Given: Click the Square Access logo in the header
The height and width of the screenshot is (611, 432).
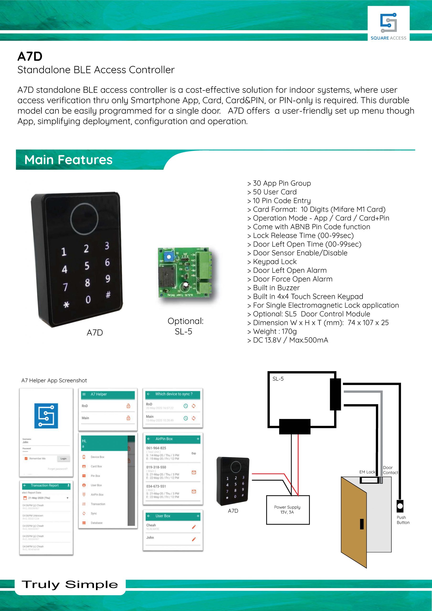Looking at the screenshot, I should click(388, 23).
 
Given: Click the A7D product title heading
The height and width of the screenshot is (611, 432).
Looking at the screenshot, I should click(30, 56).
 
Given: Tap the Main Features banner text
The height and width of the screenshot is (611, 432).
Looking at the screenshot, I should click(68, 160).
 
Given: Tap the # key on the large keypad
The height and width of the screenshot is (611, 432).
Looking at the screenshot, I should click(108, 294).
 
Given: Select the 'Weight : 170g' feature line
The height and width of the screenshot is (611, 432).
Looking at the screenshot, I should click(274, 331).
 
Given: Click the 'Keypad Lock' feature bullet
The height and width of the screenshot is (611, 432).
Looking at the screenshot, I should click(274, 262).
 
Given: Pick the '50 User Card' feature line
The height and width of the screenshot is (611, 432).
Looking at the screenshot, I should click(274, 192).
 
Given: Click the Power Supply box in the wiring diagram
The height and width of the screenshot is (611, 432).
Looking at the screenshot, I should click(287, 510).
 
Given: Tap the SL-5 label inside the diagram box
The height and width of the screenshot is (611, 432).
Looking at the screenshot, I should click(278, 379).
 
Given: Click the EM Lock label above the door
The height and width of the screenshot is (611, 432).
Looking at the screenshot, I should click(367, 472).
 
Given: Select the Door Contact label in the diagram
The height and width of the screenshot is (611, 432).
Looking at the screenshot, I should click(390, 470).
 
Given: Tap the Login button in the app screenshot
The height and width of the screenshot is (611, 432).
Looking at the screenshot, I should click(63, 458).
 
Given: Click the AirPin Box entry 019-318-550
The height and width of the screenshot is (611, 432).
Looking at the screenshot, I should click(156, 467).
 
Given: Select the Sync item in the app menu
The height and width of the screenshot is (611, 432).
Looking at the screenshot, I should click(94, 513).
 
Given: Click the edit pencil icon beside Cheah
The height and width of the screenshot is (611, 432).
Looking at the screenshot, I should click(194, 527).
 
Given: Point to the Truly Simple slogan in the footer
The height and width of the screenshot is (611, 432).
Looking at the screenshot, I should click(70, 585).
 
